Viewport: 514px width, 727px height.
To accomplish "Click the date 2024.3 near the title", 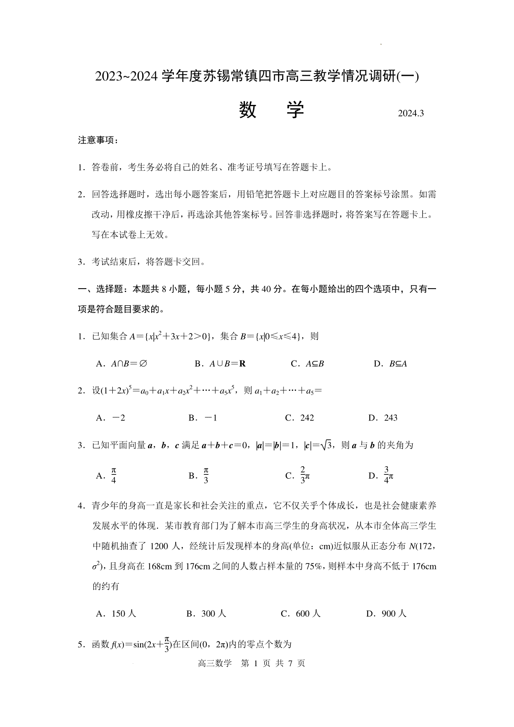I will point(410,113).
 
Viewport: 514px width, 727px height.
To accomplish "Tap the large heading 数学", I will point(271,110).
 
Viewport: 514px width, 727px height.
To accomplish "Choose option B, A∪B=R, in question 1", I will point(220,363).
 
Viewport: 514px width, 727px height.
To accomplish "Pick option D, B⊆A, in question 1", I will point(390,363).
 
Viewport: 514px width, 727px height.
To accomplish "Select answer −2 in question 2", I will point(111,417).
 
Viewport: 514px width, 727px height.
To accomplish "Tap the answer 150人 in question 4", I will point(116,614).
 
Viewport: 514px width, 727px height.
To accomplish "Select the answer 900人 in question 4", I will point(386,614).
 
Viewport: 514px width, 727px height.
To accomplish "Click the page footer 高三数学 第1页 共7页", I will point(252,663).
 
